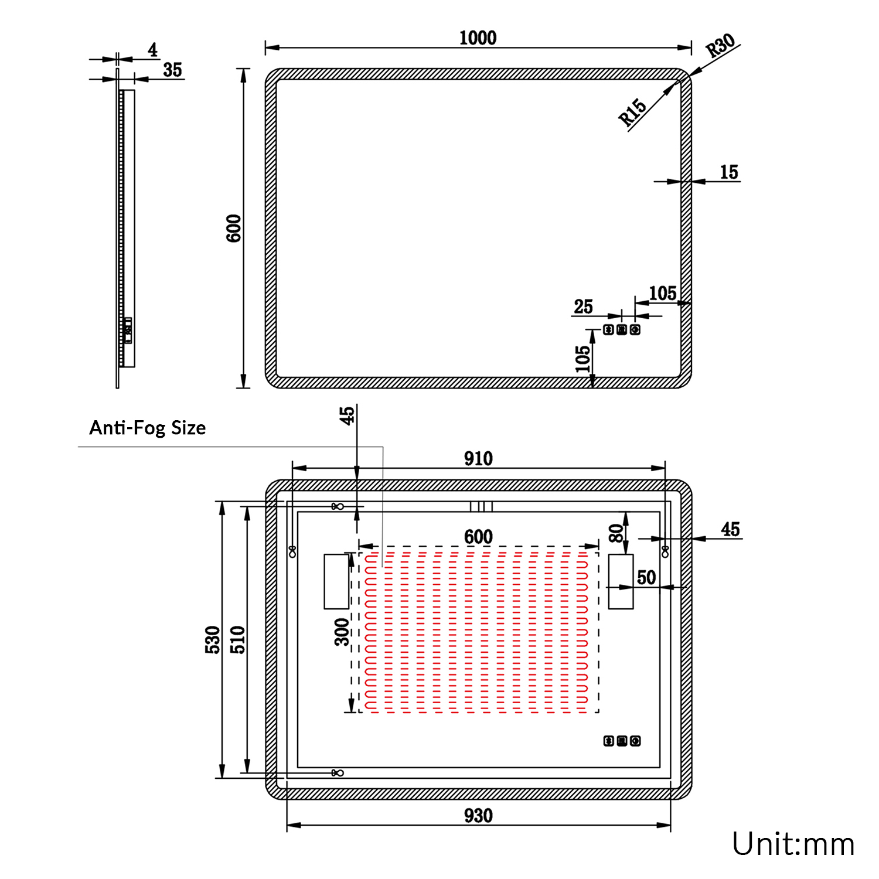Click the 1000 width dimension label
pos(478,38)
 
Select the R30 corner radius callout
pos(720,45)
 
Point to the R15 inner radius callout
pos(632,113)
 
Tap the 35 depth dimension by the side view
pos(172,70)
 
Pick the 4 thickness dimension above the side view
pos(153,50)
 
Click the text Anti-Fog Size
pos(147,428)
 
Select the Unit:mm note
pos(793,844)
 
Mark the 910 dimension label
pos(478,458)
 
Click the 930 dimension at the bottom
pos(478,815)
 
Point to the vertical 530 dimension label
pos(213,640)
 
